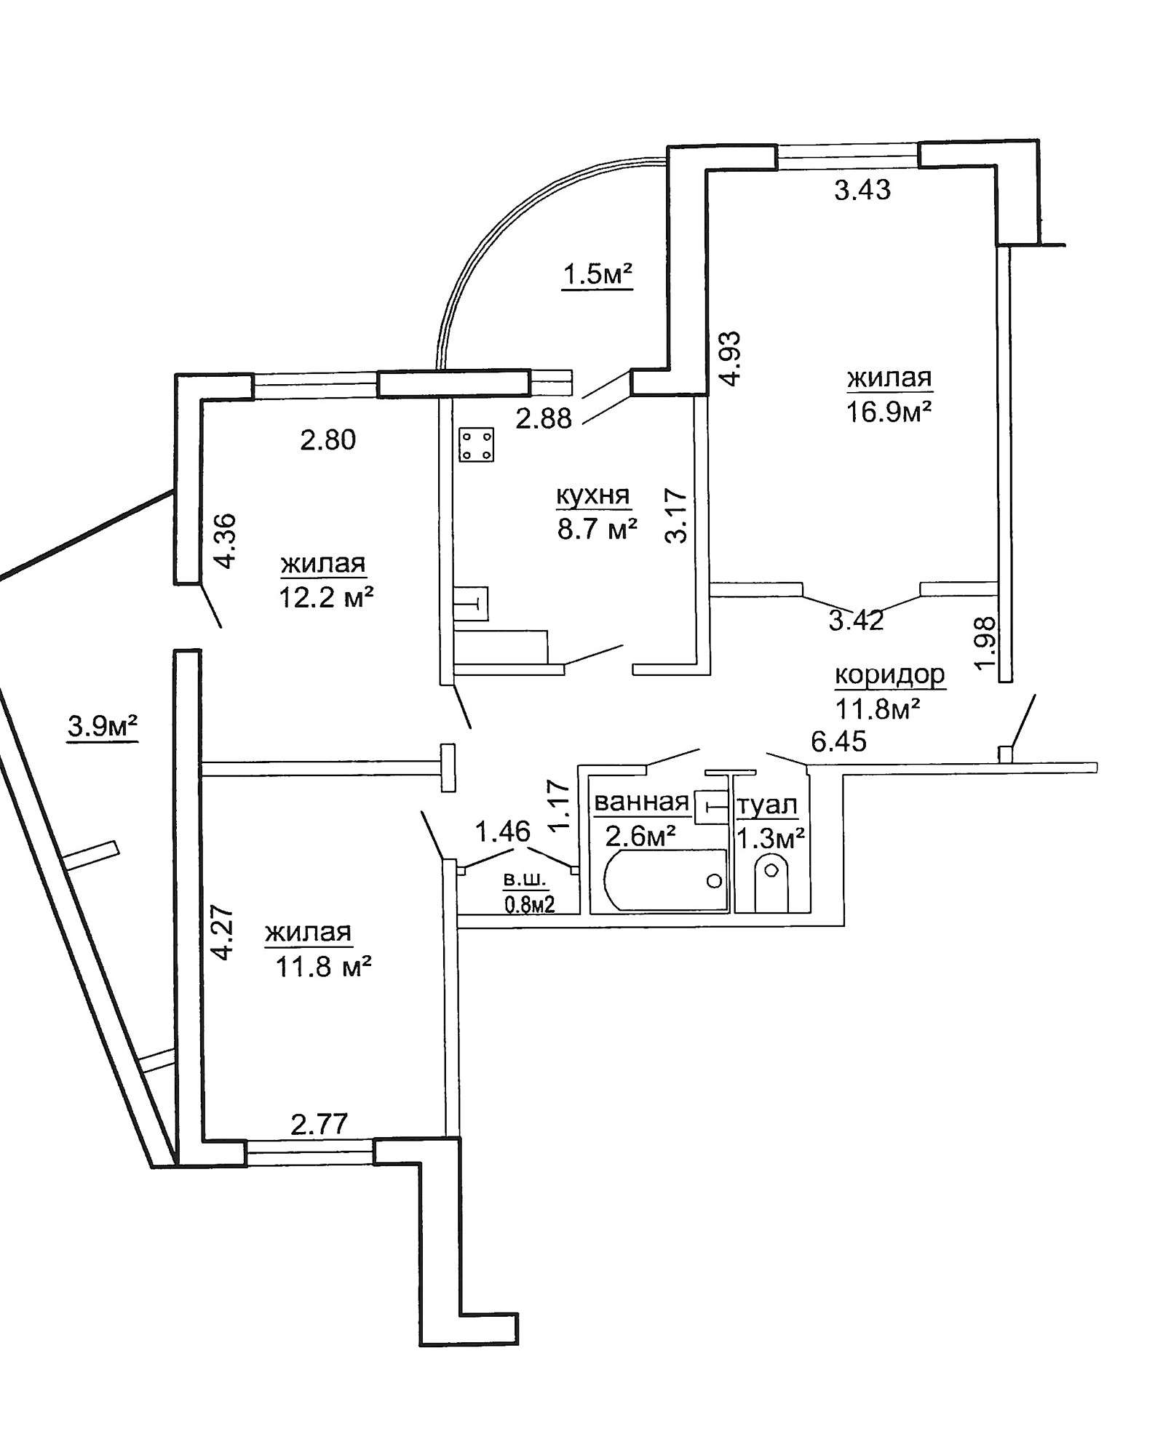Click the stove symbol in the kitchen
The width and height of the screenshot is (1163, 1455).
click(477, 445)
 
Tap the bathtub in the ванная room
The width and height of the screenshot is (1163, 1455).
click(666, 880)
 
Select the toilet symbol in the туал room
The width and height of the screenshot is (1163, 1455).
click(770, 880)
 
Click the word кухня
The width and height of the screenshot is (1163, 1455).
click(592, 495)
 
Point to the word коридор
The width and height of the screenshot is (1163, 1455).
click(889, 674)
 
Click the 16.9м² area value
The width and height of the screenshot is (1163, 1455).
click(889, 412)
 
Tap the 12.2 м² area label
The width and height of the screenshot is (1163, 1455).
click(326, 597)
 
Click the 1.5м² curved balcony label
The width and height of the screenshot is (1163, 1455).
click(597, 274)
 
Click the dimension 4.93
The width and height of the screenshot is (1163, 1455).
click(729, 357)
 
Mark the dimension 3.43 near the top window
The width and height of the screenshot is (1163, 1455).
click(862, 190)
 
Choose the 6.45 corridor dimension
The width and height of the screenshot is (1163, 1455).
click(839, 741)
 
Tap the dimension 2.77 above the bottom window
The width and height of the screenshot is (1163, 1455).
click(319, 1123)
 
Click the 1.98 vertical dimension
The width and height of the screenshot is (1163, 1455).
click(983, 644)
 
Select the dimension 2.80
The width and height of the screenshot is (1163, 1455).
click(328, 439)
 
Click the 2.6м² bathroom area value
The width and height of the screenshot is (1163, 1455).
click(640, 836)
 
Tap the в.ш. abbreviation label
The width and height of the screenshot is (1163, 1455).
click(525, 879)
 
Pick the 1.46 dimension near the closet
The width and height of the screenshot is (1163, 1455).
click(503, 831)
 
